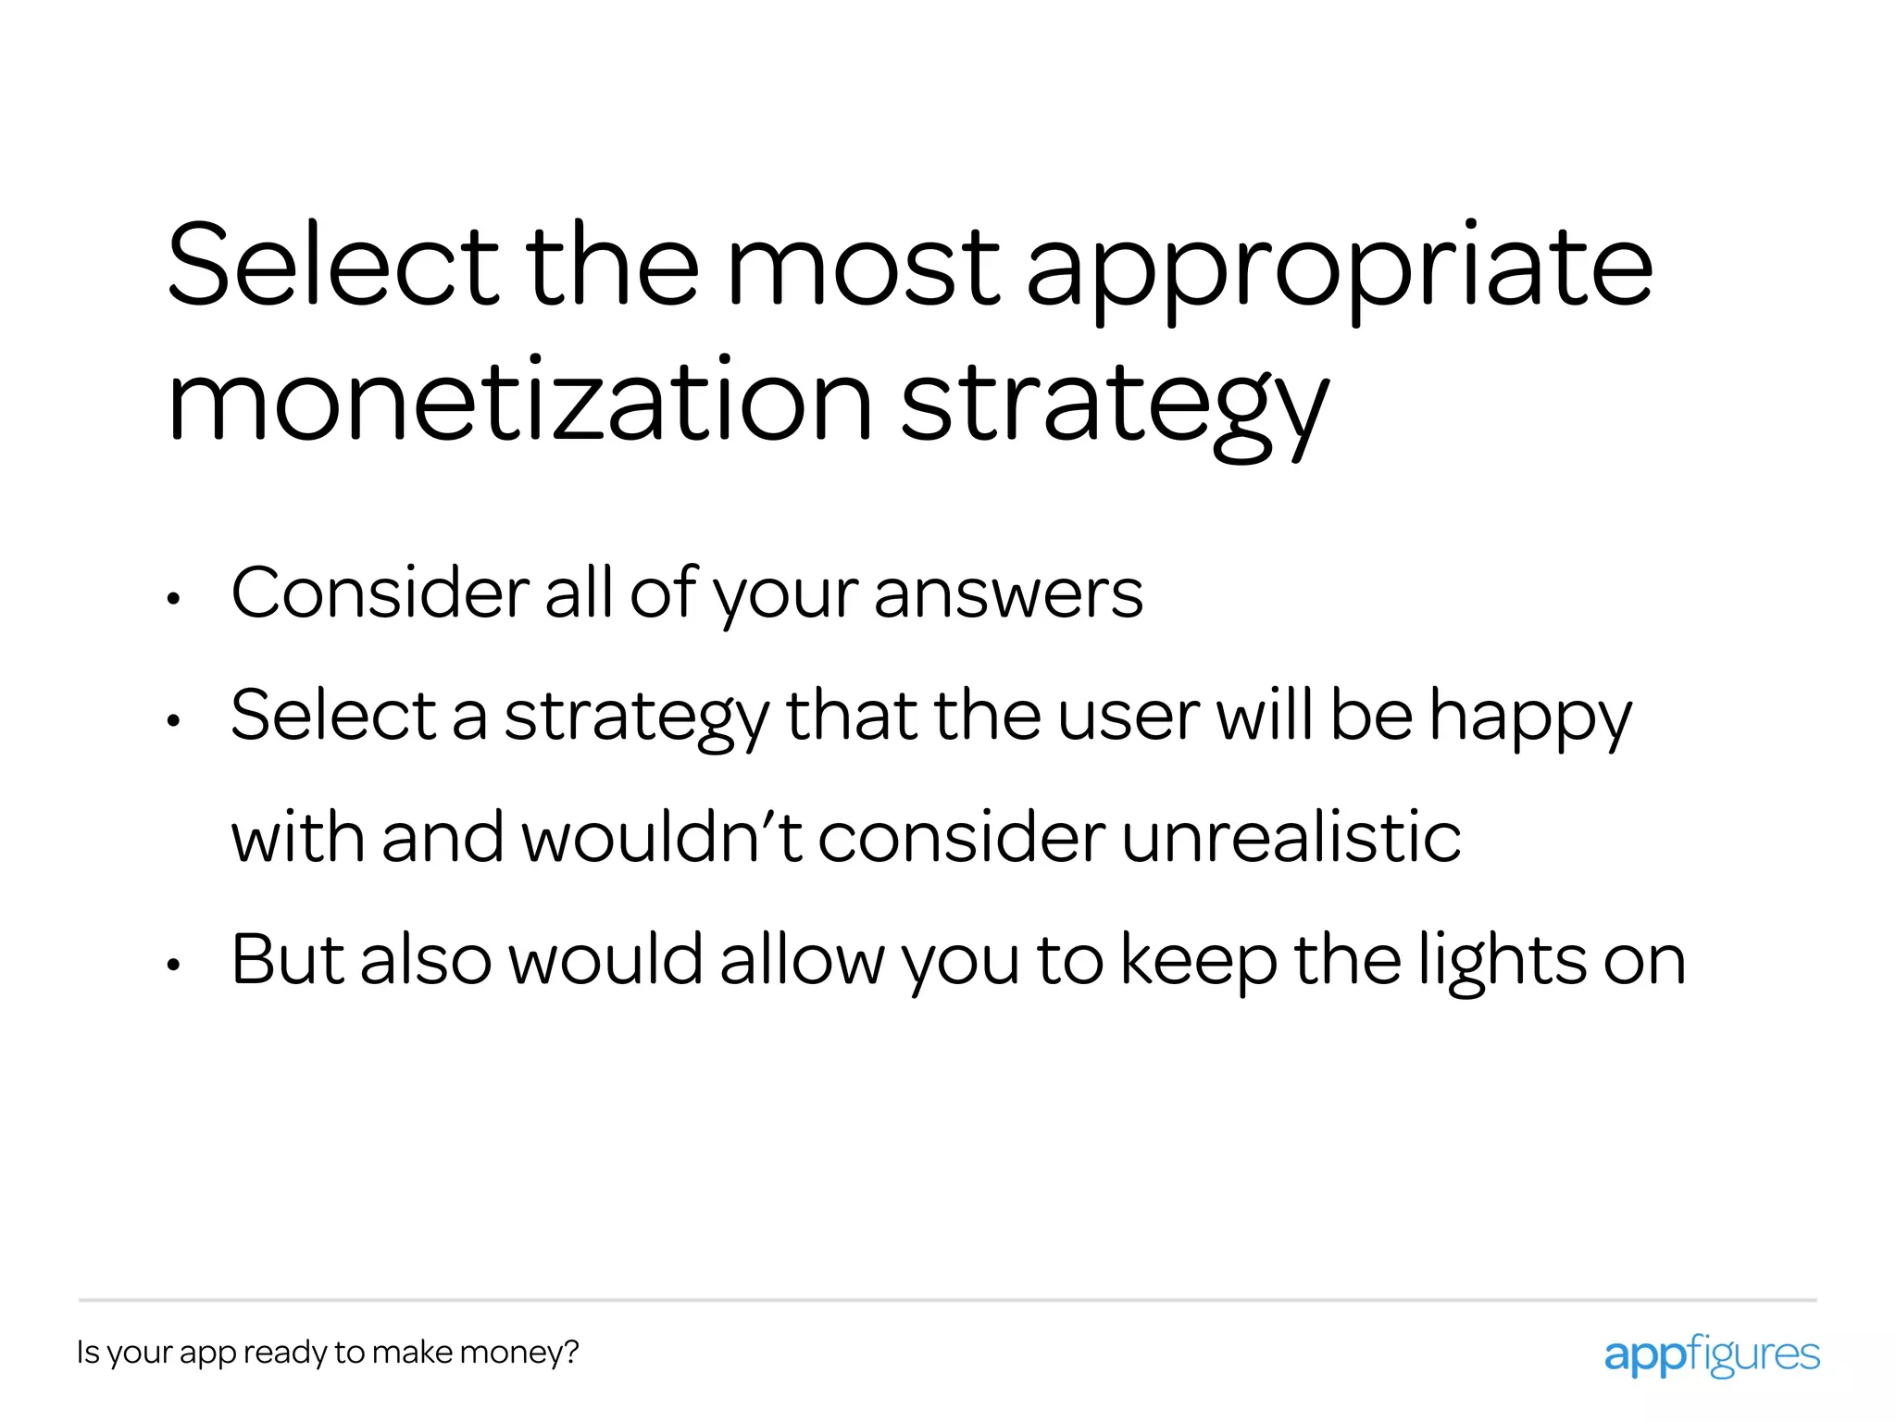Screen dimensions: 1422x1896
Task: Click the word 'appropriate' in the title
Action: pyautogui.click(x=1339, y=268)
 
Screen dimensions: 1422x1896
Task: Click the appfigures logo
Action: pyautogui.click(x=1711, y=1354)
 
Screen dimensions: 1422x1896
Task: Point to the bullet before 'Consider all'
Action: pyautogui.click(x=173, y=600)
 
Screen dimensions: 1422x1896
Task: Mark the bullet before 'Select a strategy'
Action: pyautogui.click(x=173, y=722)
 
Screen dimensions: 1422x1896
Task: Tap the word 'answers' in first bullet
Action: pyautogui.click(x=1007, y=593)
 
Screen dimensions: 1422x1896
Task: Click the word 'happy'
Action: pyautogui.click(x=1529, y=717)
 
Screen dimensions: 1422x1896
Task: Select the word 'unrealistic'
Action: pyautogui.click(x=1291, y=837)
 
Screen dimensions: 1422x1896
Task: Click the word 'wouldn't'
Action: pyautogui.click(x=661, y=837)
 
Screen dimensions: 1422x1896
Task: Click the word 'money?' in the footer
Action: pyautogui.click(x=518, y=1353)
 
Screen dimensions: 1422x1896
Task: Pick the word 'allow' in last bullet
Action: pyautogui.click(x=802, y=960)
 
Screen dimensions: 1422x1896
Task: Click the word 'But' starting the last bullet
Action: pyautogui.click(x=287, y=960)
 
